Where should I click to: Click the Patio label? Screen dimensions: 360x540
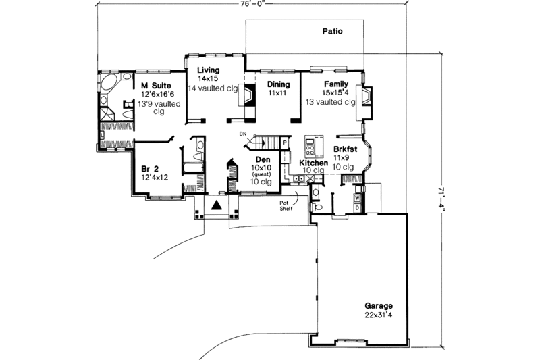click(331, 31)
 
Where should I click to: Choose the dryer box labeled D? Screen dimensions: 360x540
click(358, 208)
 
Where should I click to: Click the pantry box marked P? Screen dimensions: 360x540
click(286, 143)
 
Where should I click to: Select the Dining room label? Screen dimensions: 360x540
click(278, 84)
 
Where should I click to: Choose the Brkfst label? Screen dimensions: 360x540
click(345, 149)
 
